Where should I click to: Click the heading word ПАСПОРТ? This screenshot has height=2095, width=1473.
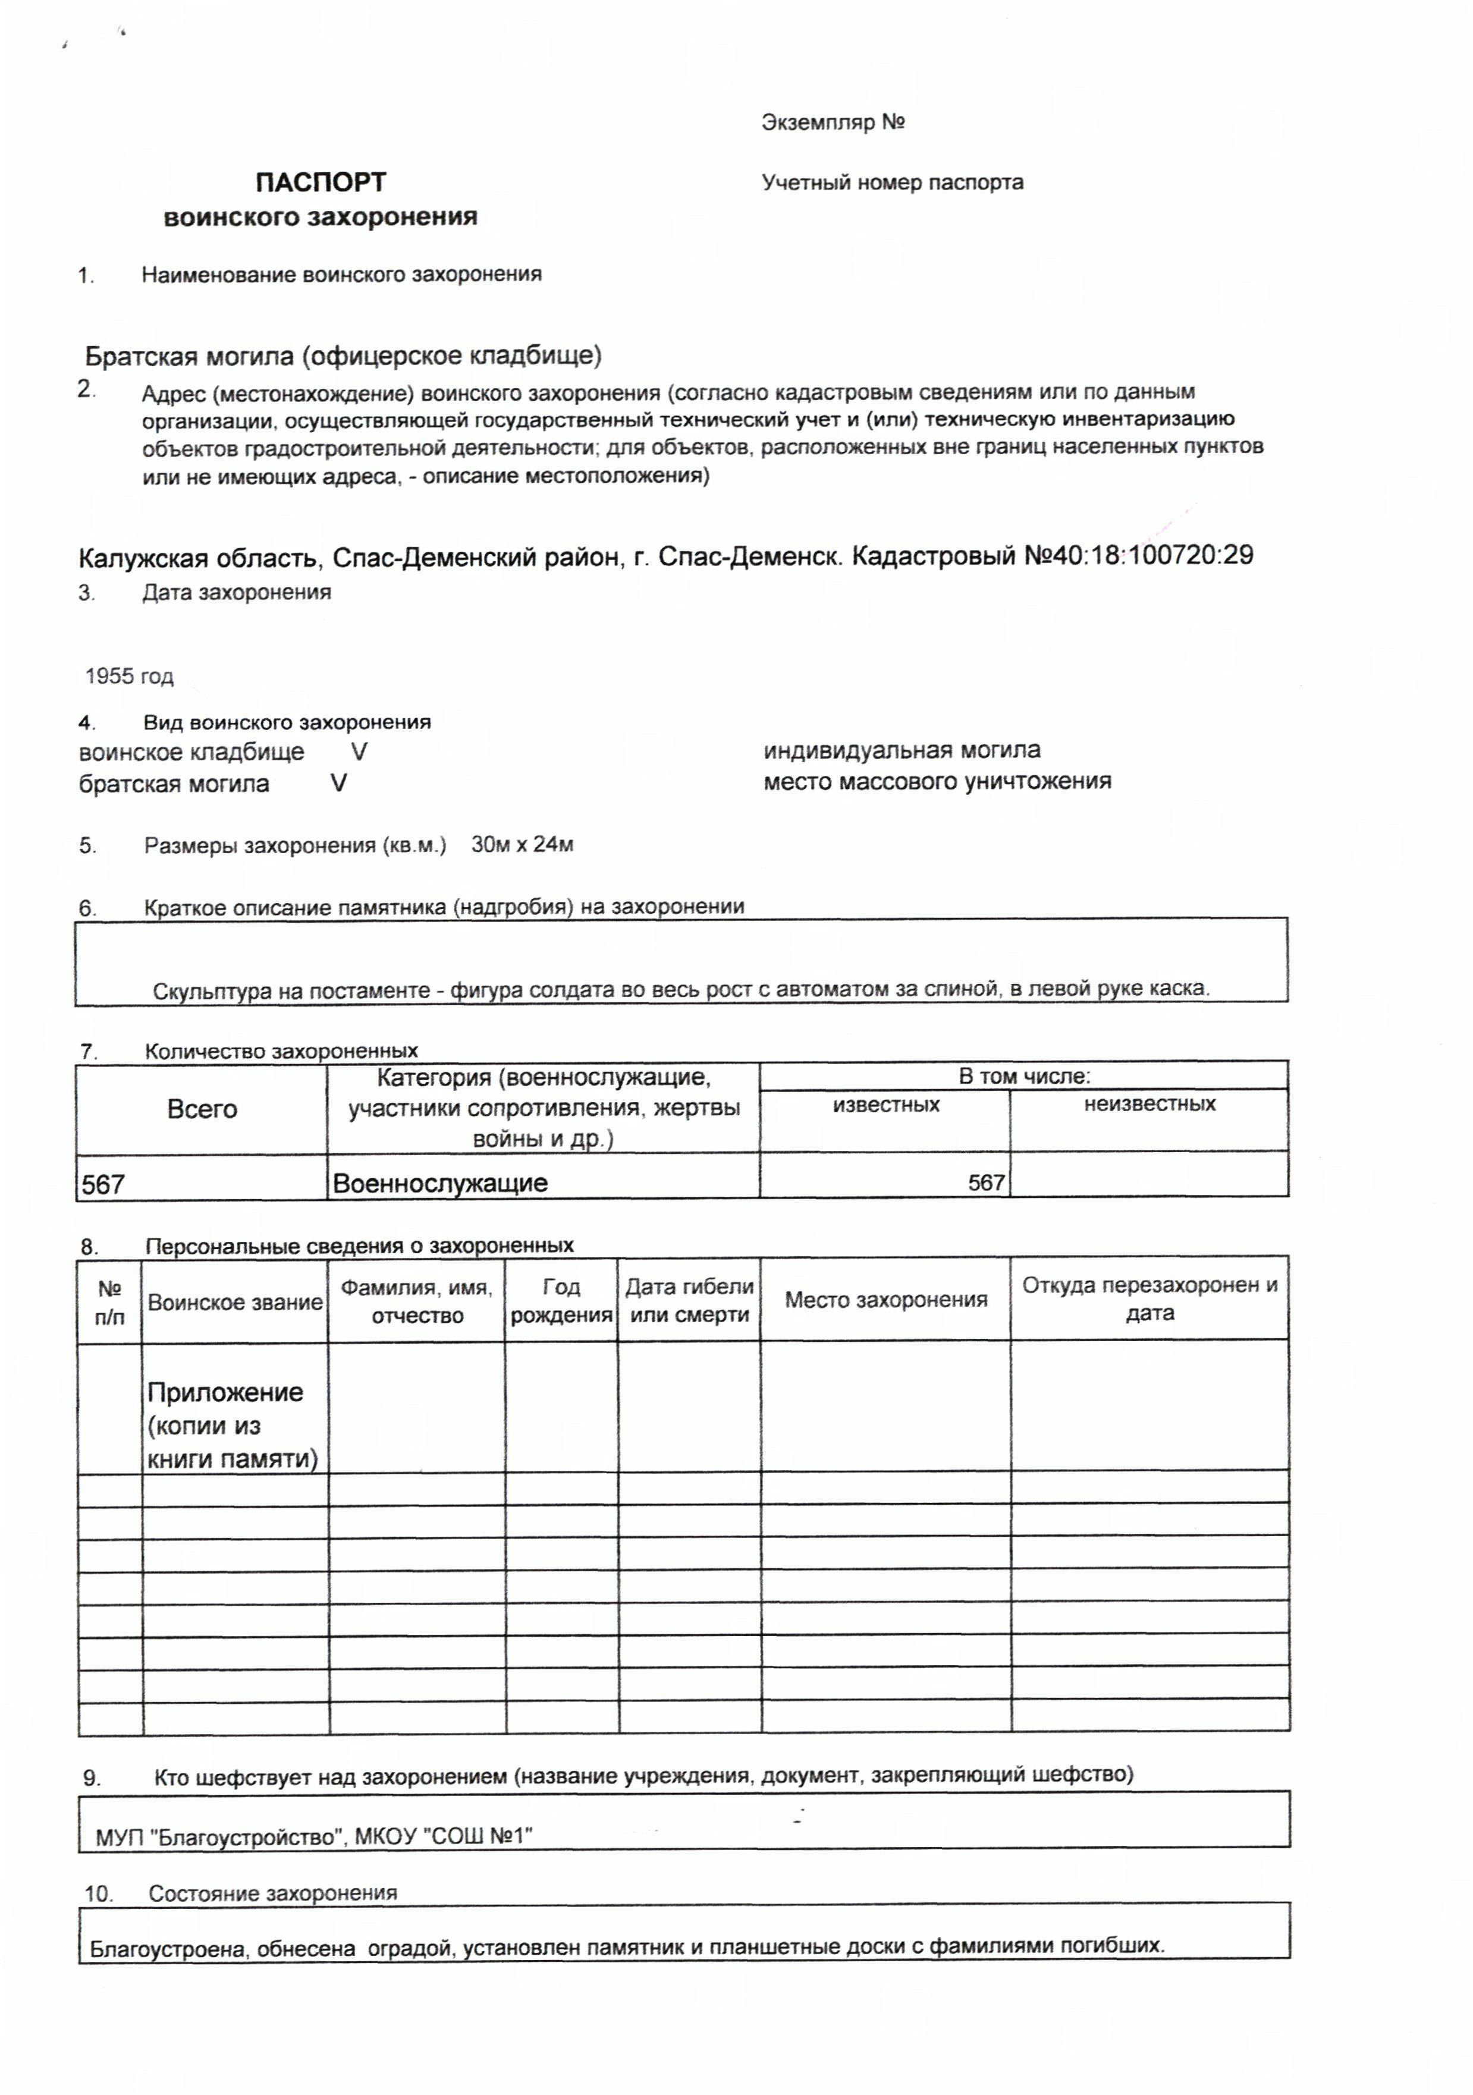321,183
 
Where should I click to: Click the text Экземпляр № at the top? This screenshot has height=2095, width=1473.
833,122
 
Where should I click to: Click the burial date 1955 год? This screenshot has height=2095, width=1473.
128,676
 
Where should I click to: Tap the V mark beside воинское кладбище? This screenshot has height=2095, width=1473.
359,752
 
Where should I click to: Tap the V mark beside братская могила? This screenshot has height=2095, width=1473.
338,783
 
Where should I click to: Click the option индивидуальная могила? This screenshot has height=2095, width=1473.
901,750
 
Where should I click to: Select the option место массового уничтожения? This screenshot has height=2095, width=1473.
937,781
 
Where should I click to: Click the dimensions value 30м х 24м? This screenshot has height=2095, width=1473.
522,844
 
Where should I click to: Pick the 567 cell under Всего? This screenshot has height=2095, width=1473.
103,1184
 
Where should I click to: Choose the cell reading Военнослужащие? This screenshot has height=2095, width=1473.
440,1184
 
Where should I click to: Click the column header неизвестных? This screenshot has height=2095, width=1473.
1149,1104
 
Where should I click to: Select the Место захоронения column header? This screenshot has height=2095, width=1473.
885,1300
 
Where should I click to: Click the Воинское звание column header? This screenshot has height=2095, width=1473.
234,1302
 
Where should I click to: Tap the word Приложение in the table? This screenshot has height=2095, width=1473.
225,1392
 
